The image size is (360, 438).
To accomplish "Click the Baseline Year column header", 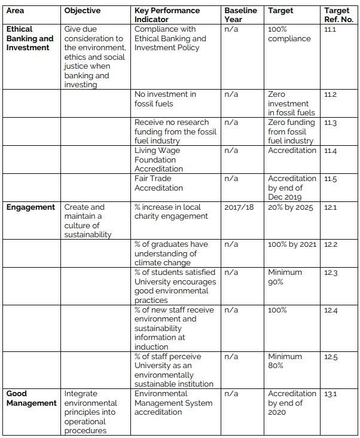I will point(240,15).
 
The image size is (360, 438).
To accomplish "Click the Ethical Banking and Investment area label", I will point(30,38).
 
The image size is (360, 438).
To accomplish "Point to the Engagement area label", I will point(30,207).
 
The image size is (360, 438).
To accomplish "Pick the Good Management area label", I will point(32,399).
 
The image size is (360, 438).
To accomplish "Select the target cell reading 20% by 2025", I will point(291,207).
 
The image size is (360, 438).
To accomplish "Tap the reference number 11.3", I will point(331,122).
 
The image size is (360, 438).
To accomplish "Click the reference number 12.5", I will point(331,357).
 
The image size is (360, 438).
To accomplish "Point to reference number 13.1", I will point(330,394).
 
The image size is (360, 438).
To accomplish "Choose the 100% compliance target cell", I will point(289,34).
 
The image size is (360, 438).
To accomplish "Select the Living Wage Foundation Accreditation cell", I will point(158,160).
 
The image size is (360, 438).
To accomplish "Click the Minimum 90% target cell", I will point(285,277).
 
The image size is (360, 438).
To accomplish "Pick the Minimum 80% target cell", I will point(285,361).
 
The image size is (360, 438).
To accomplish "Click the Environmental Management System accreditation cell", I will point(173,403).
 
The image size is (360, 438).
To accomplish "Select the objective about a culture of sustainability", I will point(89,221).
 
